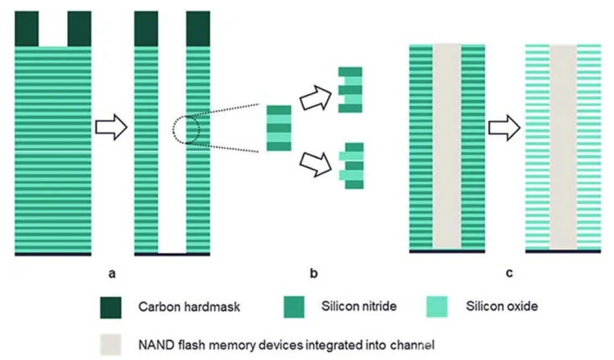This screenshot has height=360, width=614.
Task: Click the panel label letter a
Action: click(x=112, y=273)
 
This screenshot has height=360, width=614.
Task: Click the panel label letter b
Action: click(x=314, y=273)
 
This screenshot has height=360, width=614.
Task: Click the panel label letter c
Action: click(x=509, y=273)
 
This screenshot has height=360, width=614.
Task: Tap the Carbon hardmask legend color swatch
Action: click(x=112, y=307)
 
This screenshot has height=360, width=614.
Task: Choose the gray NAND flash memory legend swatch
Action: click(x=112, y=344)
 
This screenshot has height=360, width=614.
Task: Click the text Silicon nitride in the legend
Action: click(x=359, y=307)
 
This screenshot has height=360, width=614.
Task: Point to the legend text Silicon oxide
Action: click(x=502, y=307)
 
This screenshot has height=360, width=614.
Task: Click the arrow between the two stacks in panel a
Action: click(x=111, y=128)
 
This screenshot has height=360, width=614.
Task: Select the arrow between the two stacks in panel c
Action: click(x=504, y=128)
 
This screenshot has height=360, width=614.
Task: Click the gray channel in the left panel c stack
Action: click(x=447, y=146)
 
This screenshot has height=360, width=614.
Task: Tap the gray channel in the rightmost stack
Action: click(x=563, y=146)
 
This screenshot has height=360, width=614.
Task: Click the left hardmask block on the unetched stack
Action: click(x=26, y=29)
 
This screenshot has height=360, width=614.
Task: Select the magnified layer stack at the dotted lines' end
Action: click(x=279, y=128)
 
